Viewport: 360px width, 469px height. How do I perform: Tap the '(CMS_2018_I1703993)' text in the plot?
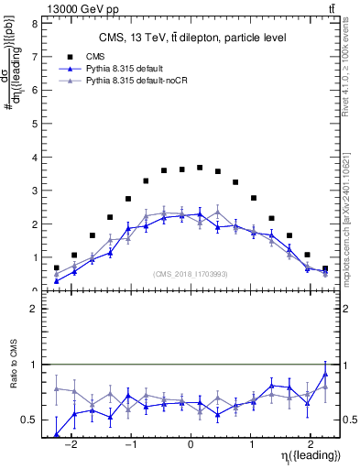coord(190,273)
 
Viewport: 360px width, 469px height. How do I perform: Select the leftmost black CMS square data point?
coord(57,267)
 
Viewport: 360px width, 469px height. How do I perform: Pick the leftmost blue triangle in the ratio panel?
coord(57,434)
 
